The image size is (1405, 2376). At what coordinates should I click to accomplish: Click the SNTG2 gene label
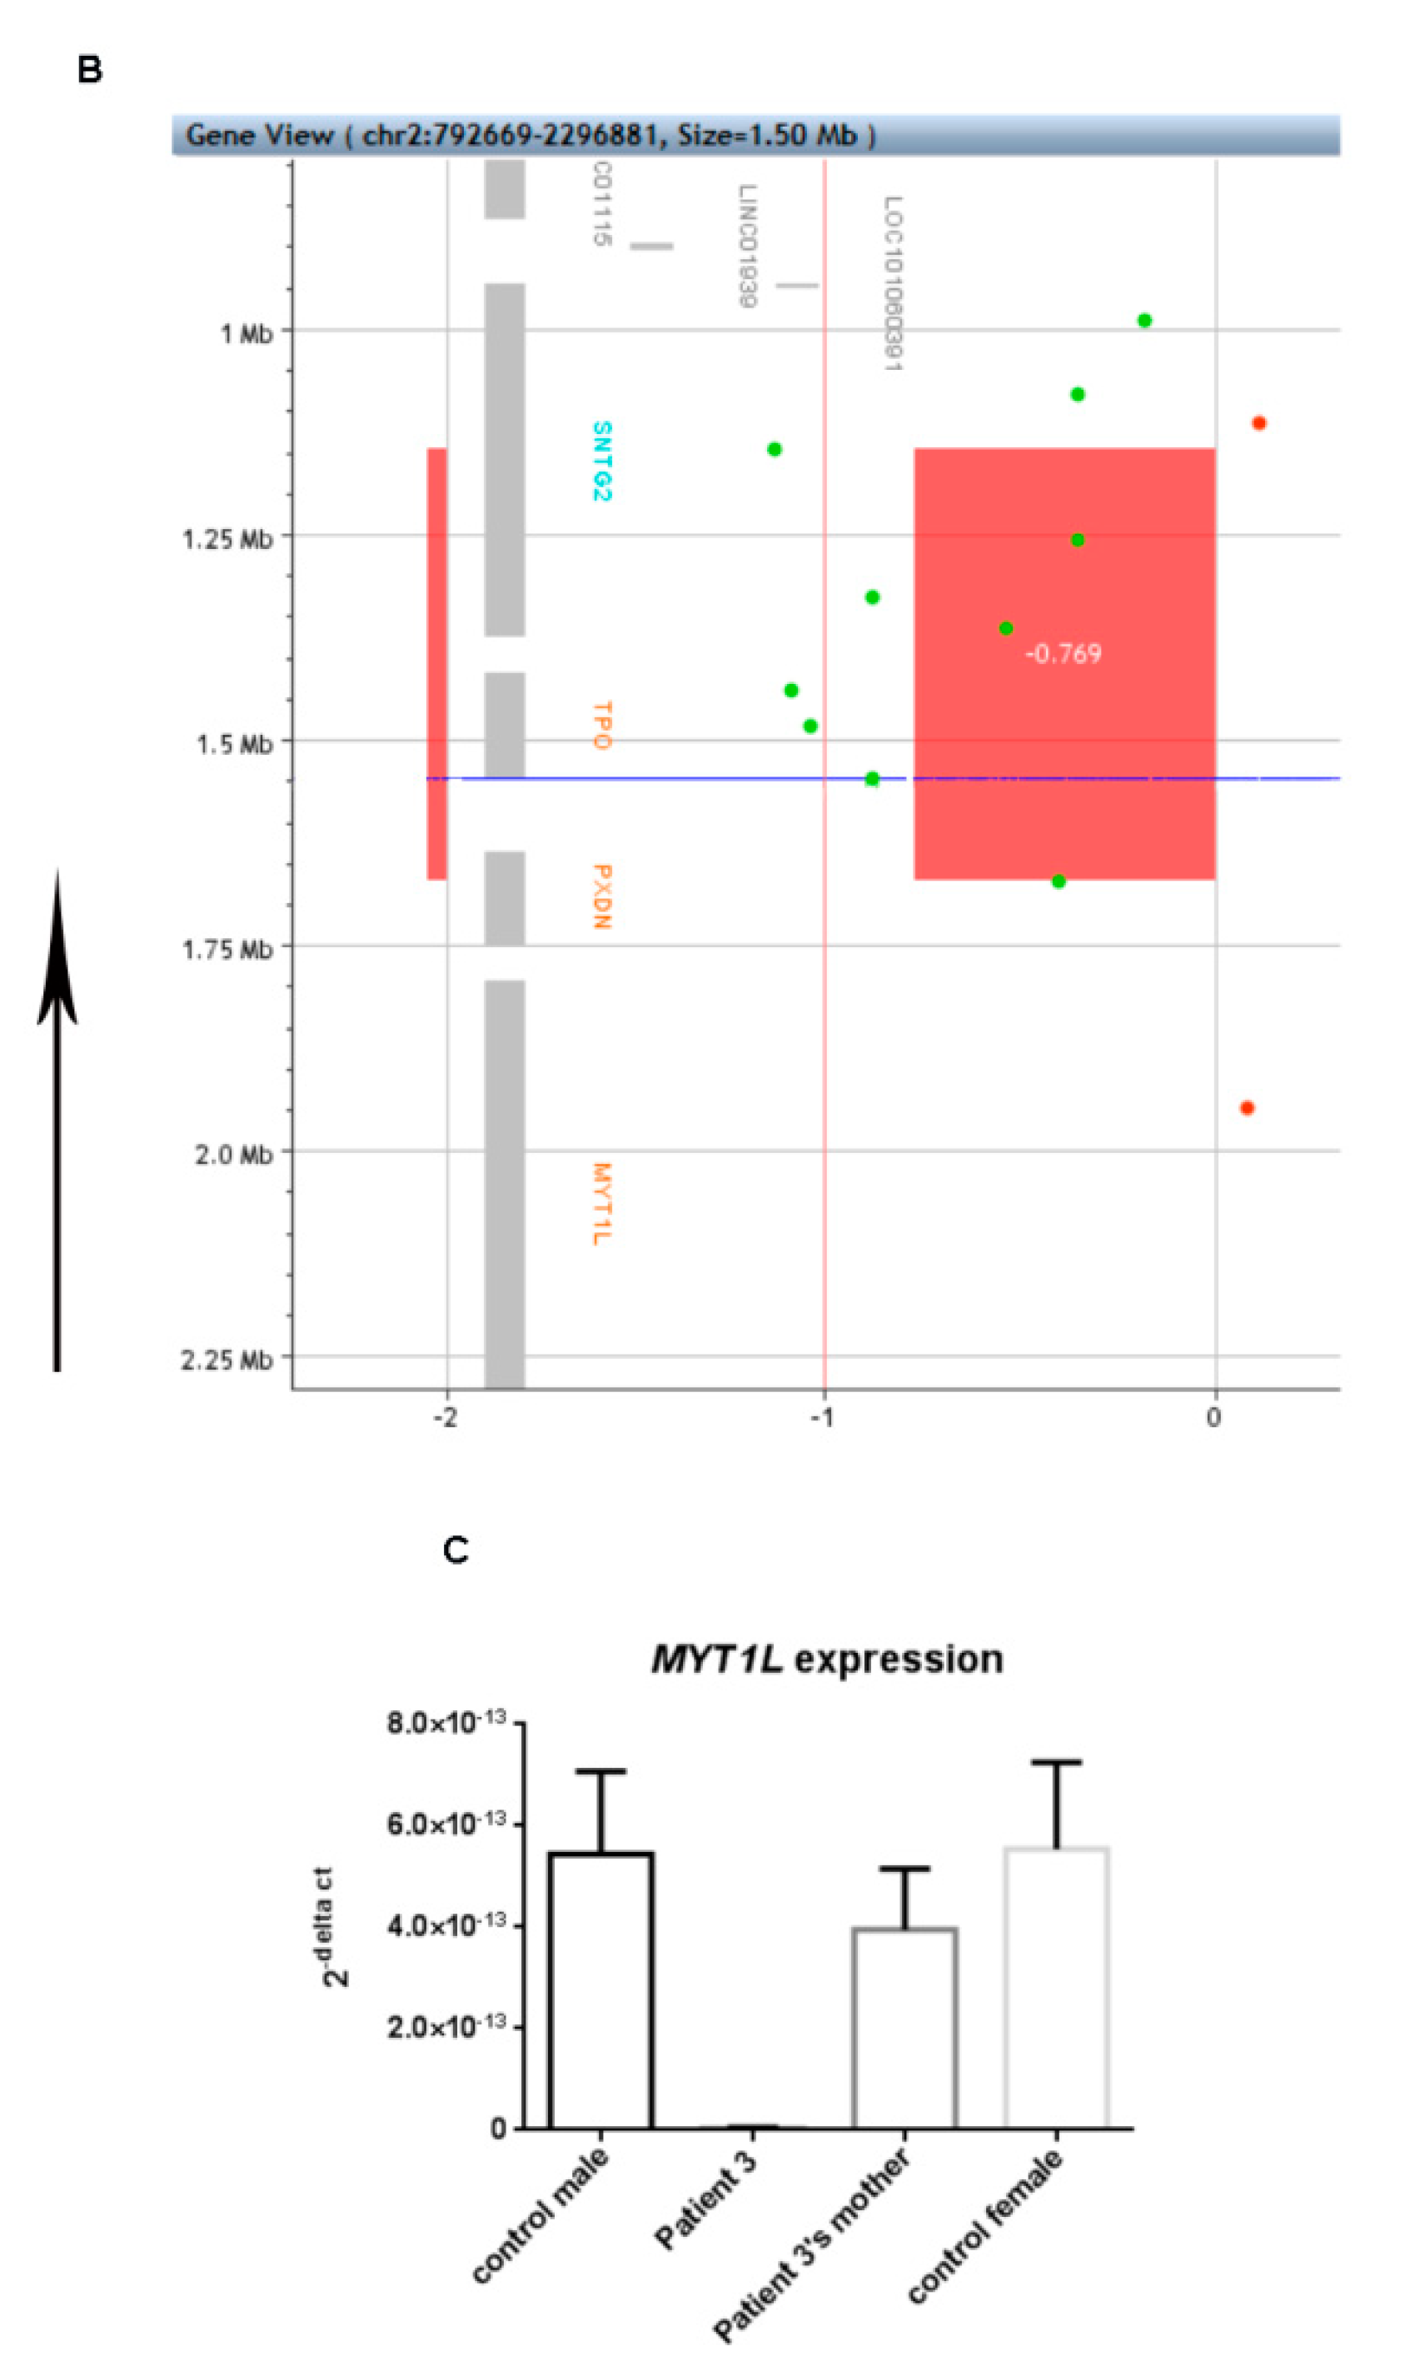(601, 462)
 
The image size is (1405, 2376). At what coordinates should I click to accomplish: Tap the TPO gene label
(601, 726)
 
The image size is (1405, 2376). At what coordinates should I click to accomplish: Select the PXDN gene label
(601, 896)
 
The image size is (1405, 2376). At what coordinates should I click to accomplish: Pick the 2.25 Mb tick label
(227, 1360)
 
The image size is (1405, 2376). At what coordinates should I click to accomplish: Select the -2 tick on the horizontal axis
(445, 1418)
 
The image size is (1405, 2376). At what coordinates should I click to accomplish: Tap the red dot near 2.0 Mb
(1247, 1108)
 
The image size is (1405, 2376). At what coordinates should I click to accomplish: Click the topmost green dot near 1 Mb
(1143, 321)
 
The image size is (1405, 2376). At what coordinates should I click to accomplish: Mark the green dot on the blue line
(872, 778)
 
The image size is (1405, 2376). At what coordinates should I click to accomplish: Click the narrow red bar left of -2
(436, 663)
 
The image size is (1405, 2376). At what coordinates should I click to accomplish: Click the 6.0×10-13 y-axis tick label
(445, 1824)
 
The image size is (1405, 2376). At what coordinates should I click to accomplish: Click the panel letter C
(456, 1550)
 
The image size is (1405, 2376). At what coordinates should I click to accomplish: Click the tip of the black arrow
(57, 876)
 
